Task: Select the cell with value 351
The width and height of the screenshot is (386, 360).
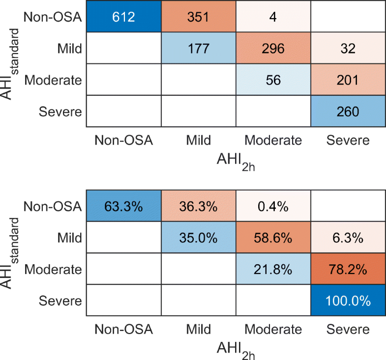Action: [x=198, y=17]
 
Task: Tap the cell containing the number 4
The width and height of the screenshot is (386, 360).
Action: [x=273, y=17]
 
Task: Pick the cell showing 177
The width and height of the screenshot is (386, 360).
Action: [x=198, y=49]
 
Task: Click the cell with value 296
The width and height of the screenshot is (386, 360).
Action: [x=273, y=49]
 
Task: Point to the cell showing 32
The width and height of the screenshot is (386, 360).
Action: [x=348, y=49]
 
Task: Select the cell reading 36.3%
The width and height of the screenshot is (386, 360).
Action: [x=198, y=206]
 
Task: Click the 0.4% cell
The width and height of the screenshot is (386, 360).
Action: [x=273, y=206]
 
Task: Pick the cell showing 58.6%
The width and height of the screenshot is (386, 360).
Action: [x=273, y=238]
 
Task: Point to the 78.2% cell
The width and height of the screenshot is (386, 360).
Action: [x=348, y=270]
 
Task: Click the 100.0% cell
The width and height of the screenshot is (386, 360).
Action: [x=348, y=301]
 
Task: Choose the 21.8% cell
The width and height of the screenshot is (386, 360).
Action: [x=273, y=270]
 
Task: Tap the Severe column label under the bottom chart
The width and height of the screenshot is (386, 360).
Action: [x=348, y=329]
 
